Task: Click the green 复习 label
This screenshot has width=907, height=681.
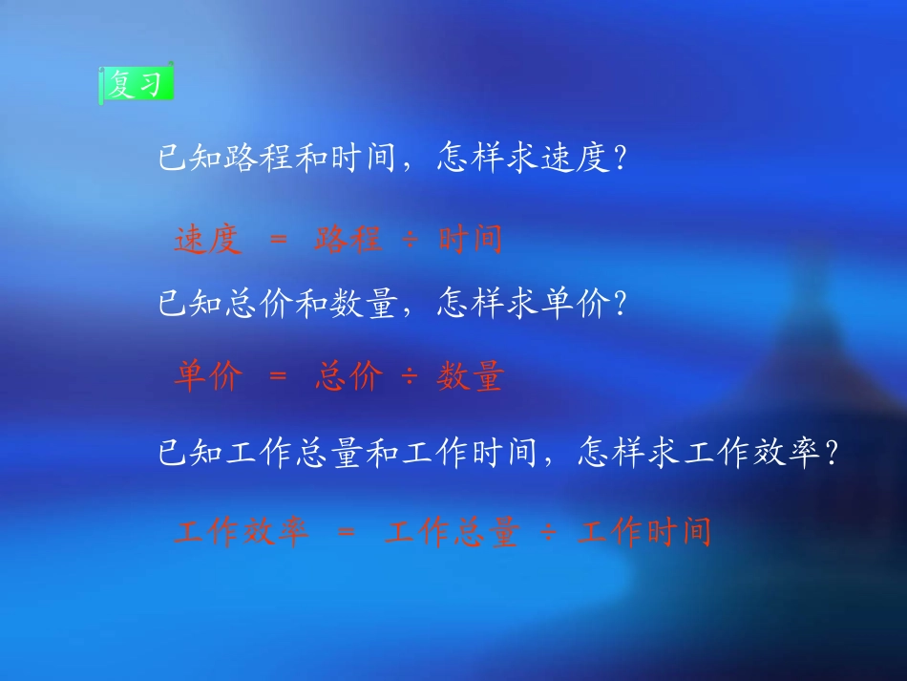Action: tap(137, 85)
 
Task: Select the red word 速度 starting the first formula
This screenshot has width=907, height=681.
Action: tap(207, 240)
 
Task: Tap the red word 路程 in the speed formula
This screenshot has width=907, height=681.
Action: tap(348, 240)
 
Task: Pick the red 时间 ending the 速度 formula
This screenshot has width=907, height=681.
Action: tap(470, 240)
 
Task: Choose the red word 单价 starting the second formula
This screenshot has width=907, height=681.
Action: tap(207, 377)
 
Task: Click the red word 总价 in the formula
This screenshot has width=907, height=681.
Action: tap(348, 377)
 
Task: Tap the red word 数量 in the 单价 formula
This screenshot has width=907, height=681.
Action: tap(470, 377)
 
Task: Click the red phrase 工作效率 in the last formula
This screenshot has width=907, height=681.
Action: tap(243, 530)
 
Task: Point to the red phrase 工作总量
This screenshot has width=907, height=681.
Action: tap(452, 530)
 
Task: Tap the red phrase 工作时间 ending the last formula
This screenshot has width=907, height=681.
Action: tap(644, 530)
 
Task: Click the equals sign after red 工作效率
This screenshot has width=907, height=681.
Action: tap(347, 531)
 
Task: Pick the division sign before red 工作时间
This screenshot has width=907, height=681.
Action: tap(548, 531)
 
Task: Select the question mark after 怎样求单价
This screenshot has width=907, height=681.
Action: tap(622, 306)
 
